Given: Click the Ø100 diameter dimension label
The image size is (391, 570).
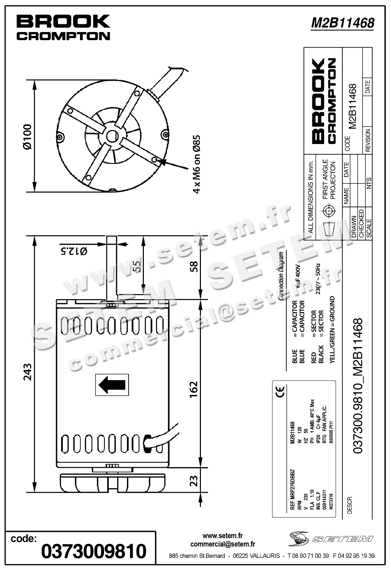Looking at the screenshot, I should pos(27,136).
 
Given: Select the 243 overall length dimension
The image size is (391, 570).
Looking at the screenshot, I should pos(27,372).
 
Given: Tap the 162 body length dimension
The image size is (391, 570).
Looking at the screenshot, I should pos(193,390).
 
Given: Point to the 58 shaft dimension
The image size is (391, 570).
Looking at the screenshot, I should pos(194,266).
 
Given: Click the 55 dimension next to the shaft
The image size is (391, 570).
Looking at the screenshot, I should pos(136,267).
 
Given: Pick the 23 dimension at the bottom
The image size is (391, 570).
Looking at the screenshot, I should pos(194,481).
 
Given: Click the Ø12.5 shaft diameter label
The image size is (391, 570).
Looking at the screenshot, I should pos(74,251).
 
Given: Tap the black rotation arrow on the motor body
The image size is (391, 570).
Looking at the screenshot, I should pos(112,384).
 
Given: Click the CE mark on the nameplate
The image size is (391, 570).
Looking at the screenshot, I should pos(280,391).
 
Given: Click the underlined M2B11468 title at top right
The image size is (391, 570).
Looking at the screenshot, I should pos(342,23).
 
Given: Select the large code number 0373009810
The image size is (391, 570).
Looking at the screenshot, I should pos(94,551).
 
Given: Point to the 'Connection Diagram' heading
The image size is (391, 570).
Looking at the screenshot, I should pos(281,276).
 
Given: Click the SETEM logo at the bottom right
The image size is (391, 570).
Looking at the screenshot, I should pos(331,539).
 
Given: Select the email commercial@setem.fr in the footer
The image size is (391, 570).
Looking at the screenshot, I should pos(223,544).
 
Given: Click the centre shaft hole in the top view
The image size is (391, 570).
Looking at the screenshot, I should pos(111,136).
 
